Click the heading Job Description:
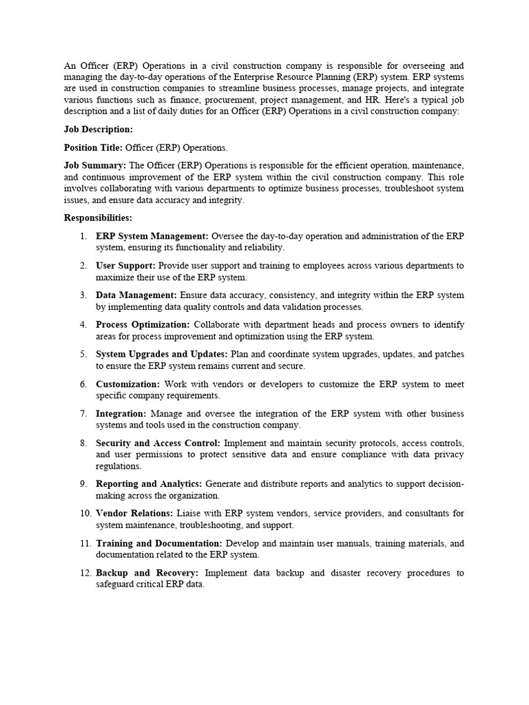click(x=98, y=129)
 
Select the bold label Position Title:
click(x=94, y=147)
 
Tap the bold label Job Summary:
click(x=95, y=165)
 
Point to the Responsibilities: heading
click(x=98, y=218)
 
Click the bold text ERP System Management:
click(x=152, y=236)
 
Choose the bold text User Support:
click(x=126, y=266)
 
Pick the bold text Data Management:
click(x=136, y=295)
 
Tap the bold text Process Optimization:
click(x=143, y=325)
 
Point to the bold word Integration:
click(x=121, y=414)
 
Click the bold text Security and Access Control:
click(x=158, y=443)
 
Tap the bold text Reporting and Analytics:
click(x=149, y=484)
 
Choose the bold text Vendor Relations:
click(x=134, y=514)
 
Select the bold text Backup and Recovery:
click(x=147, y=573)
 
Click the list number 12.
click(x=82, y=573)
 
